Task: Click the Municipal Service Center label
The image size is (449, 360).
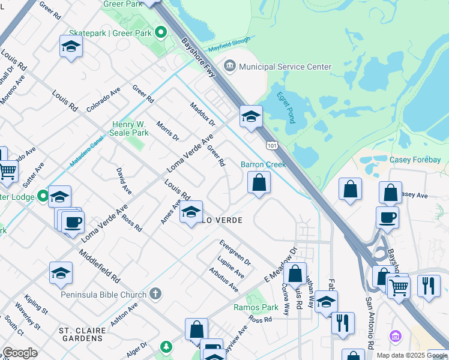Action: click(x=285, y=66)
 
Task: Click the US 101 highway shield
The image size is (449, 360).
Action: click(x=272, y=145)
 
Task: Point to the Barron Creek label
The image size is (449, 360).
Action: click(x=263, y=164)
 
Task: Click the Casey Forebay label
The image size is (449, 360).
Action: click(x=415, y=160)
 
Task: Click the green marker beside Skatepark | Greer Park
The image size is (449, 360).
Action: click(x=161, y=32)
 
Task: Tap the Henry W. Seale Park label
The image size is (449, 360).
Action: click(x=130, y=128)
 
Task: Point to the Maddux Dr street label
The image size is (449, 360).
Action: click(x=202, y=114)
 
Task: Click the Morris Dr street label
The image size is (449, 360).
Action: click(x=167, y=130)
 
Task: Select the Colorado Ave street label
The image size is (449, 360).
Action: click(x=103, y=99)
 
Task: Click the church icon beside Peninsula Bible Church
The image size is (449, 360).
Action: click(x=155, y=294)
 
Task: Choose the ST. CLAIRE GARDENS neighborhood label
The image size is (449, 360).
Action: click(x=83, y=335)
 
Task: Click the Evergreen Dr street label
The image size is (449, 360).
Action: click(x=235, y=254)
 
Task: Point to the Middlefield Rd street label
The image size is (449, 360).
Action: click(x=99, y=267)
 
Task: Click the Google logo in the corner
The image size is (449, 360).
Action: click(x=20, y=353)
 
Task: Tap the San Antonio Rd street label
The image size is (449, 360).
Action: click(x=370, y=318)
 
